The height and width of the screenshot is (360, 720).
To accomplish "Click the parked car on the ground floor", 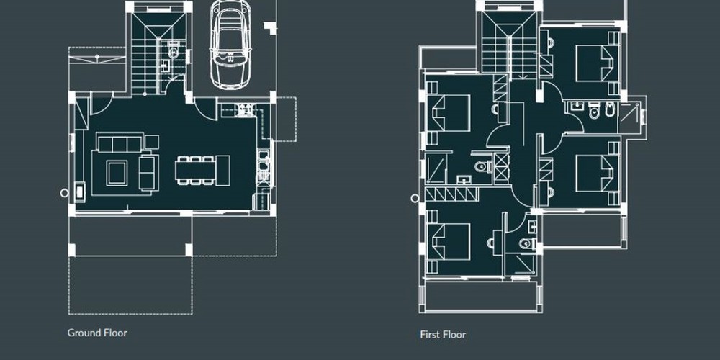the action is pos(230,44).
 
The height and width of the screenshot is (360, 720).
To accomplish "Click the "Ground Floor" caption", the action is pos(97,333).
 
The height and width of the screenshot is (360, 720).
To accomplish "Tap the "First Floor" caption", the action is pos(443,335).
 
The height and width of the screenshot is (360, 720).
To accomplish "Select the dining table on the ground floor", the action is pos(194,171).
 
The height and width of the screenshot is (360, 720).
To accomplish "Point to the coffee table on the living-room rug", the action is pos(117,173).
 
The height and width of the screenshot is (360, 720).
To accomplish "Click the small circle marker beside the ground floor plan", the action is pos(64,193).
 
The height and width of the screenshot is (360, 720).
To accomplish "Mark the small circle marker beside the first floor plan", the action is pos(415,199).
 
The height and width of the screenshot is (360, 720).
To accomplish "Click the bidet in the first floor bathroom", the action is pos(610,110).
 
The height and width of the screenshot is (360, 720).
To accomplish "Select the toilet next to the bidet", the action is pos(594,111).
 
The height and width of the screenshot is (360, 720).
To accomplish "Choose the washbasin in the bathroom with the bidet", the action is pos(576,107).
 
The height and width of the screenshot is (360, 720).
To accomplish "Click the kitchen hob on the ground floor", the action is pos(245,109).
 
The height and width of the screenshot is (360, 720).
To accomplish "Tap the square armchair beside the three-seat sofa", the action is pos(151,142).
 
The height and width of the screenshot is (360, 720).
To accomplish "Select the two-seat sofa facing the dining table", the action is pos(149,173).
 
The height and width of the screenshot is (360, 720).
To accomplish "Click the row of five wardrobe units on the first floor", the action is pos(452,194).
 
